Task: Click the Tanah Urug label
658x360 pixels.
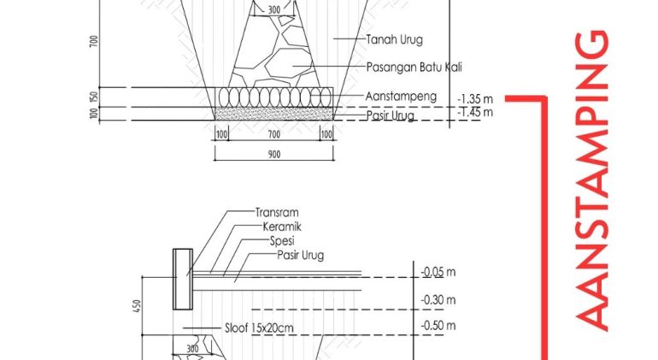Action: pos(394,40)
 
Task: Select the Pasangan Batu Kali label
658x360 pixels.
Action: pos(414,68)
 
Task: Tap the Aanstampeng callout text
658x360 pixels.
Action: pos(401,97)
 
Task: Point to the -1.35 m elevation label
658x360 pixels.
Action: pos(475,99)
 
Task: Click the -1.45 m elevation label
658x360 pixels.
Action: pos(475,112)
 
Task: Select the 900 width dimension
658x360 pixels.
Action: pos(274,155)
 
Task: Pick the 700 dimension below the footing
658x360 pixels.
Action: pos(274,134)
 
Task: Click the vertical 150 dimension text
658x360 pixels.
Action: pos(94,97)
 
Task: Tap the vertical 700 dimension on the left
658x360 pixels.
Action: pos(94,41)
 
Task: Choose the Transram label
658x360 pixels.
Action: pos(277,213)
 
